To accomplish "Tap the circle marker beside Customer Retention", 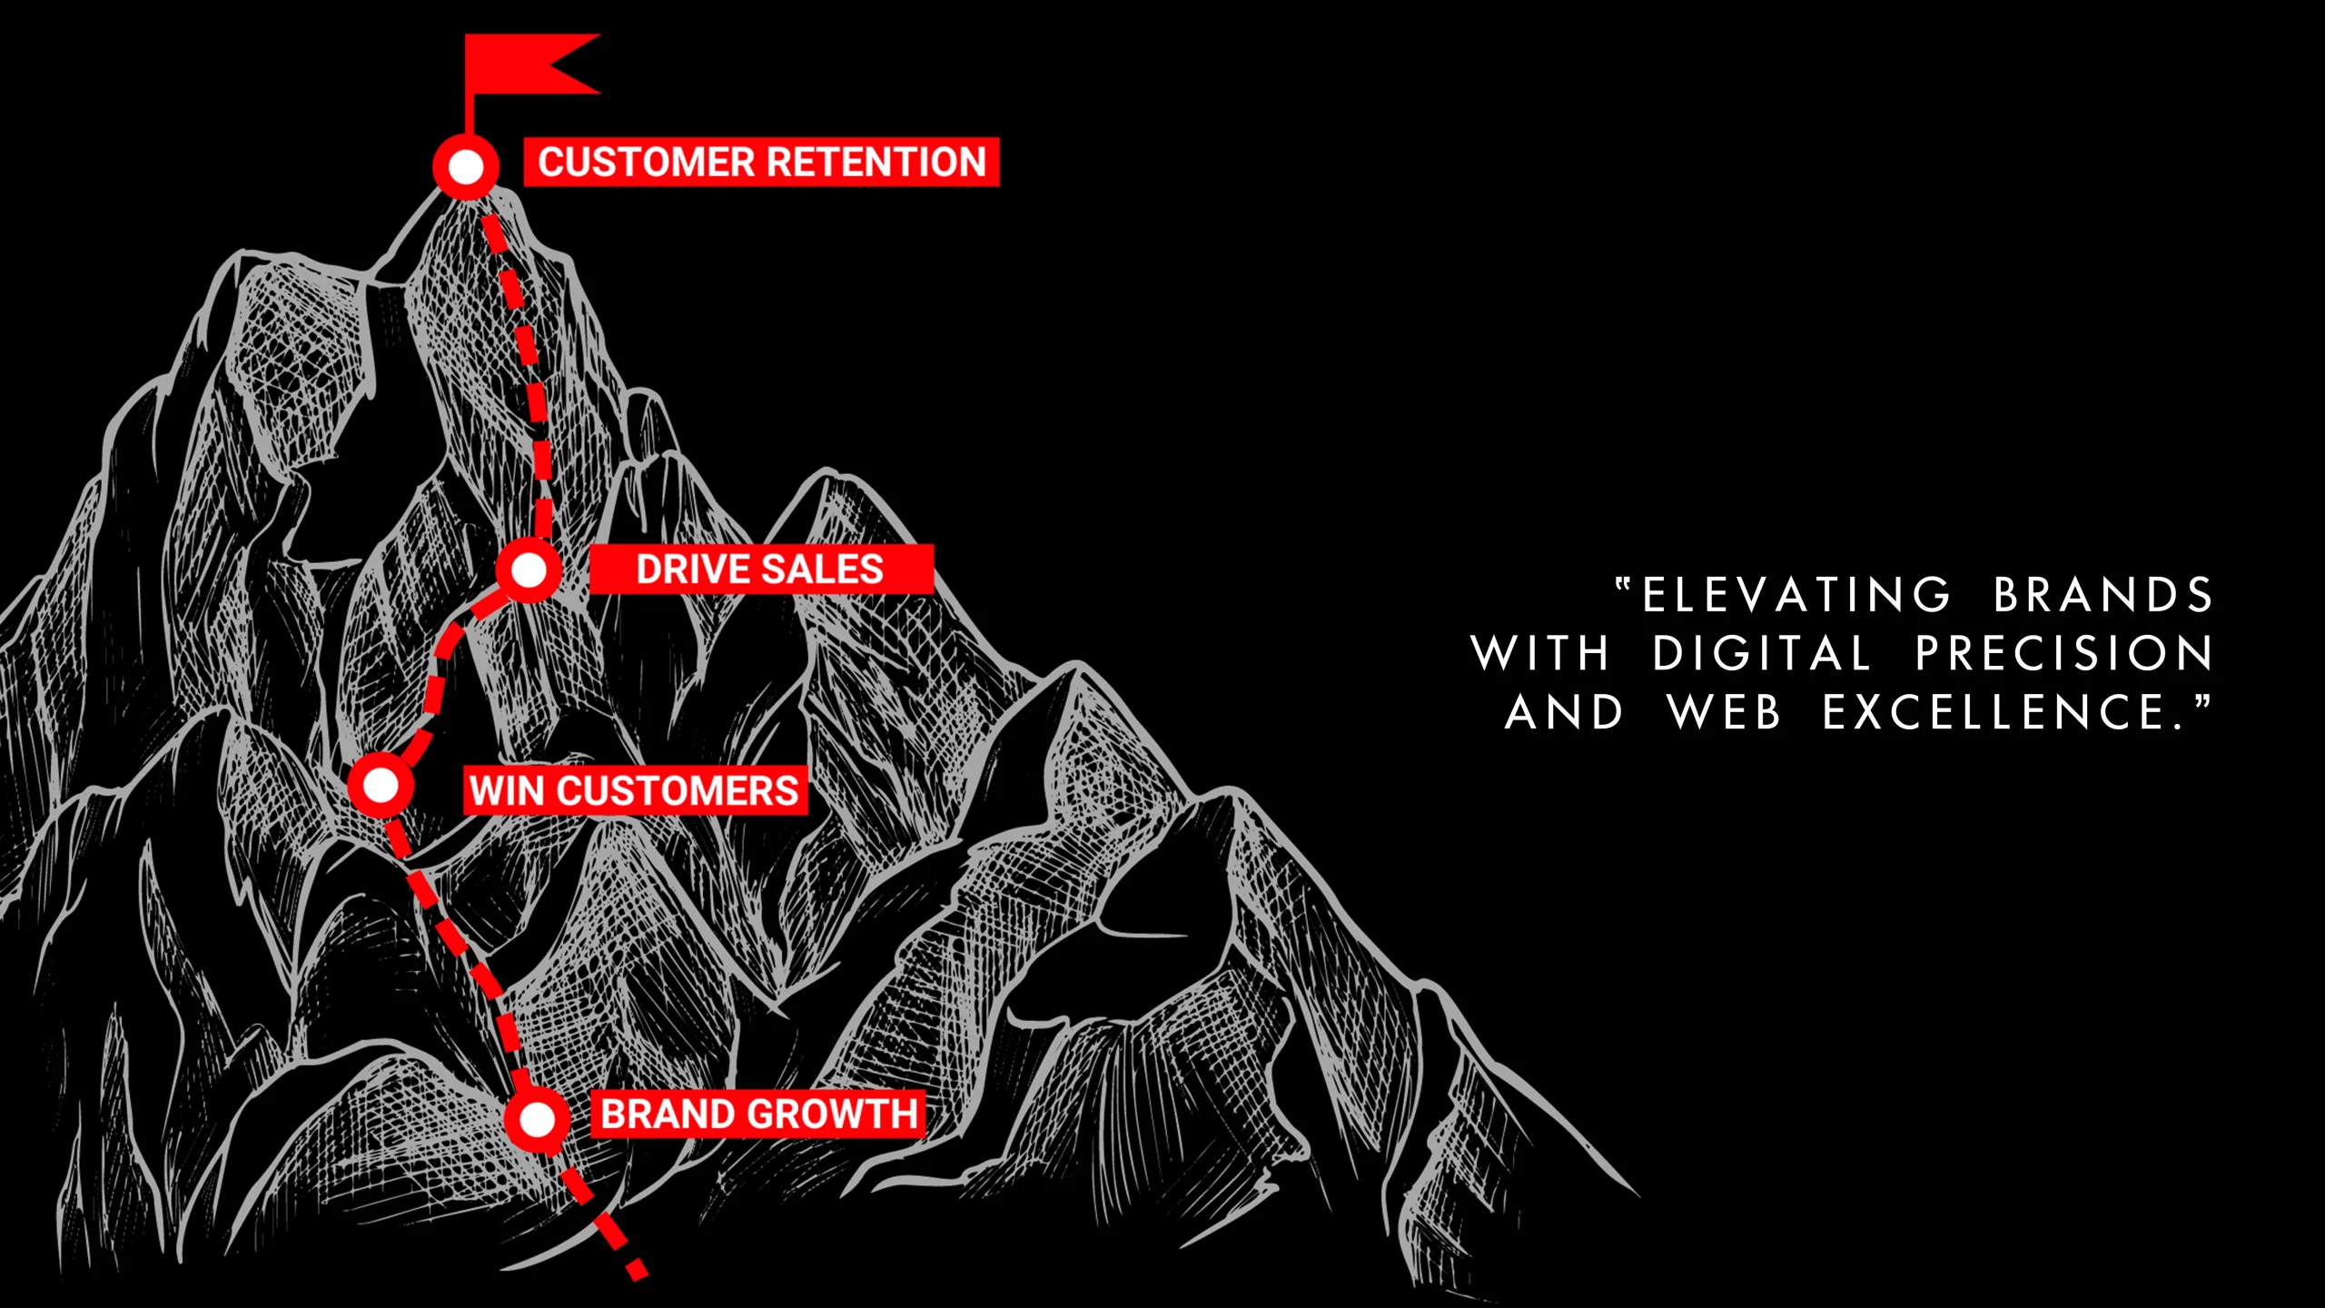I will (x=466, y=167).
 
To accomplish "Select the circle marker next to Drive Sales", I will (x=528, y=570).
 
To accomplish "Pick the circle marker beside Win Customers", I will (x=381, y=784).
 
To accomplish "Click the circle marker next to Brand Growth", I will (x=537, y=1119).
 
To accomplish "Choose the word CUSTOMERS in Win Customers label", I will (x=678, y=790).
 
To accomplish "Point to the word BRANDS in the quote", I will (x=2103, y=596).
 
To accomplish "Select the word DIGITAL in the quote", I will (x=1762, y=654).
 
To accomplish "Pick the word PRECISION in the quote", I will (x=2064, y=654).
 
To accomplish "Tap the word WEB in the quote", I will (x=1725, y=712).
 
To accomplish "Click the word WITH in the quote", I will (x=1540, y=654).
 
